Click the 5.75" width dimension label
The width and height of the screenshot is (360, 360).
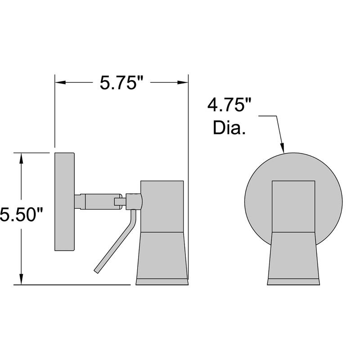point(121,82)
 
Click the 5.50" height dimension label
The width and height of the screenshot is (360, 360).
point(22,214)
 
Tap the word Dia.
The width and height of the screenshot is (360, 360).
point(229,127)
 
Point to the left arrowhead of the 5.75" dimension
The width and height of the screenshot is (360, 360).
point(60,82)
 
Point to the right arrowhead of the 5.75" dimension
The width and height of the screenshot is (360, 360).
point(183,82)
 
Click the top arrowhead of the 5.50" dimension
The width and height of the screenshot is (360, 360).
point(21,158)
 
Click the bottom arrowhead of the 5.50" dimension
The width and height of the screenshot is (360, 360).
point(21,279)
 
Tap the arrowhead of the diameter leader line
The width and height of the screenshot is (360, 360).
point(283,148)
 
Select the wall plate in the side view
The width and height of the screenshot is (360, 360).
point(64,202)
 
